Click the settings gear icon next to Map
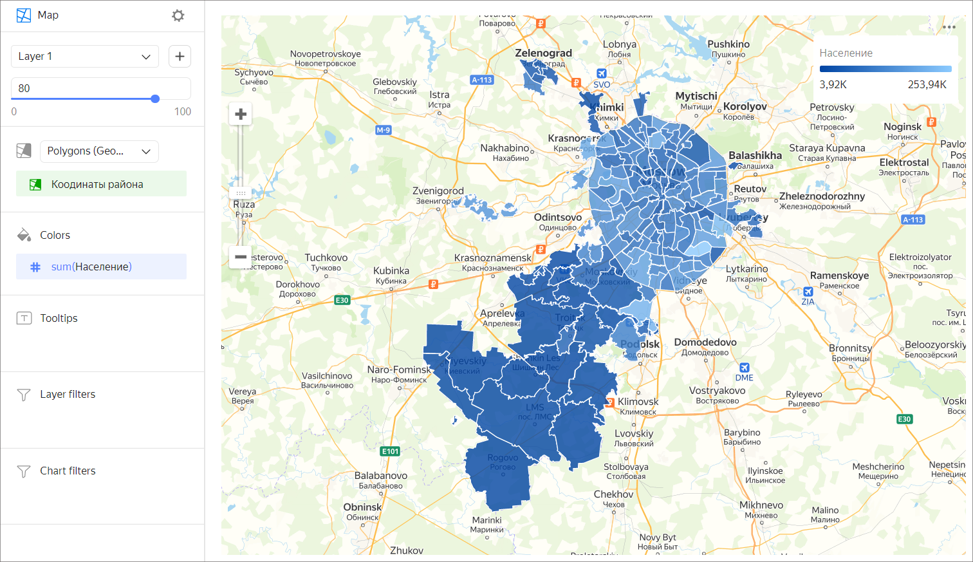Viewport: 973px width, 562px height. (x=178, y=15)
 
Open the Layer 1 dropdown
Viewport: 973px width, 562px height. (x=84, y=57)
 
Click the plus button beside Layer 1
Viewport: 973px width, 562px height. (x=180, y=57)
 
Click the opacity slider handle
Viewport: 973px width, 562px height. (x=155, y=98)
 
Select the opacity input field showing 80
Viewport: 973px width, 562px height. (x=100, y=88)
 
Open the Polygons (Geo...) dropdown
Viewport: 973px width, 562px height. (x=99, y=151)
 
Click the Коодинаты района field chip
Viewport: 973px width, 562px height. (x=101, y=184)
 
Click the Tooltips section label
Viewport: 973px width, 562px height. (x=59, y=318)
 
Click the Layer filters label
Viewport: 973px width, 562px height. (x=68, y=394)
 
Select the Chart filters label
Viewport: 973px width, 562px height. (x=68, y=471)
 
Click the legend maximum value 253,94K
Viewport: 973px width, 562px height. (x=927, y=84)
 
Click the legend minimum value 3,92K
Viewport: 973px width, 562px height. (x=833, y=84)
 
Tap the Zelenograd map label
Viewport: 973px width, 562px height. (x=543, y=53)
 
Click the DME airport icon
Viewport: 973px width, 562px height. (x=745, y=368)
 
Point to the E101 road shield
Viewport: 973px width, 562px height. (x=390, y=451)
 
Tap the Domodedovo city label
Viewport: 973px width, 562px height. (x=705, y=342)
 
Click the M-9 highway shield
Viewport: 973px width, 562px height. (x=383, y=130)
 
